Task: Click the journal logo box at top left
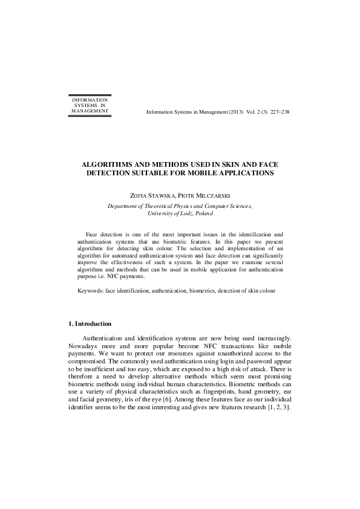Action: tap(90, 105)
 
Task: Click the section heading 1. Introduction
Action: tap(90, 324)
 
